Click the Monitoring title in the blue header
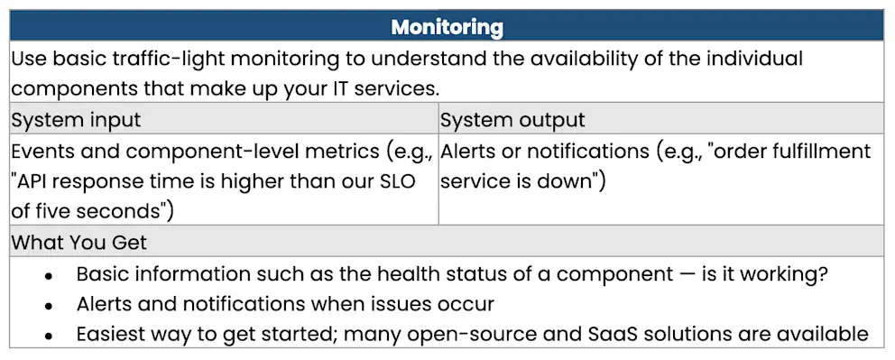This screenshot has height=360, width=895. click(x=447, y=27)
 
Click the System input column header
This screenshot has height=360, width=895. click(x=76, y=120)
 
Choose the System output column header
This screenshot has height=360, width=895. click(x=512, y=120)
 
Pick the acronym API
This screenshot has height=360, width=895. click(x=37, y=181)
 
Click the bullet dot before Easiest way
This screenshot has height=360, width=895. click(x=48, y=336)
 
